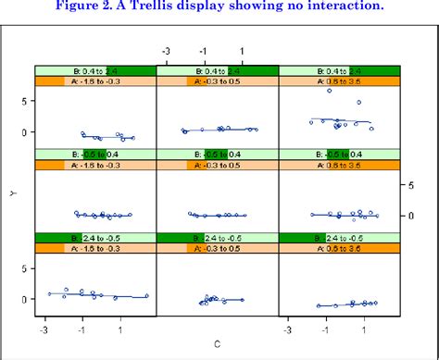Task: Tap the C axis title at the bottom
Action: (218, 345)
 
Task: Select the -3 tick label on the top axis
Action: (165, 52)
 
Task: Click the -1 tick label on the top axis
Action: (203, 52)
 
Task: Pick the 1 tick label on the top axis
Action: (242, 52)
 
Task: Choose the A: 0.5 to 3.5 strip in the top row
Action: (339, 81)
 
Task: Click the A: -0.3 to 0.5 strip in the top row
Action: (217, 81)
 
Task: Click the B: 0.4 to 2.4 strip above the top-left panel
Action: (94, 70)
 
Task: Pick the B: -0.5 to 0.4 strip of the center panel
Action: (217, 154)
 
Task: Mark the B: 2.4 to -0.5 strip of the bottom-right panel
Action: (339, 237)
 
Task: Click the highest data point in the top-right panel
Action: (329, 91)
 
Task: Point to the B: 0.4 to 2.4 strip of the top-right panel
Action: (339, 70)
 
